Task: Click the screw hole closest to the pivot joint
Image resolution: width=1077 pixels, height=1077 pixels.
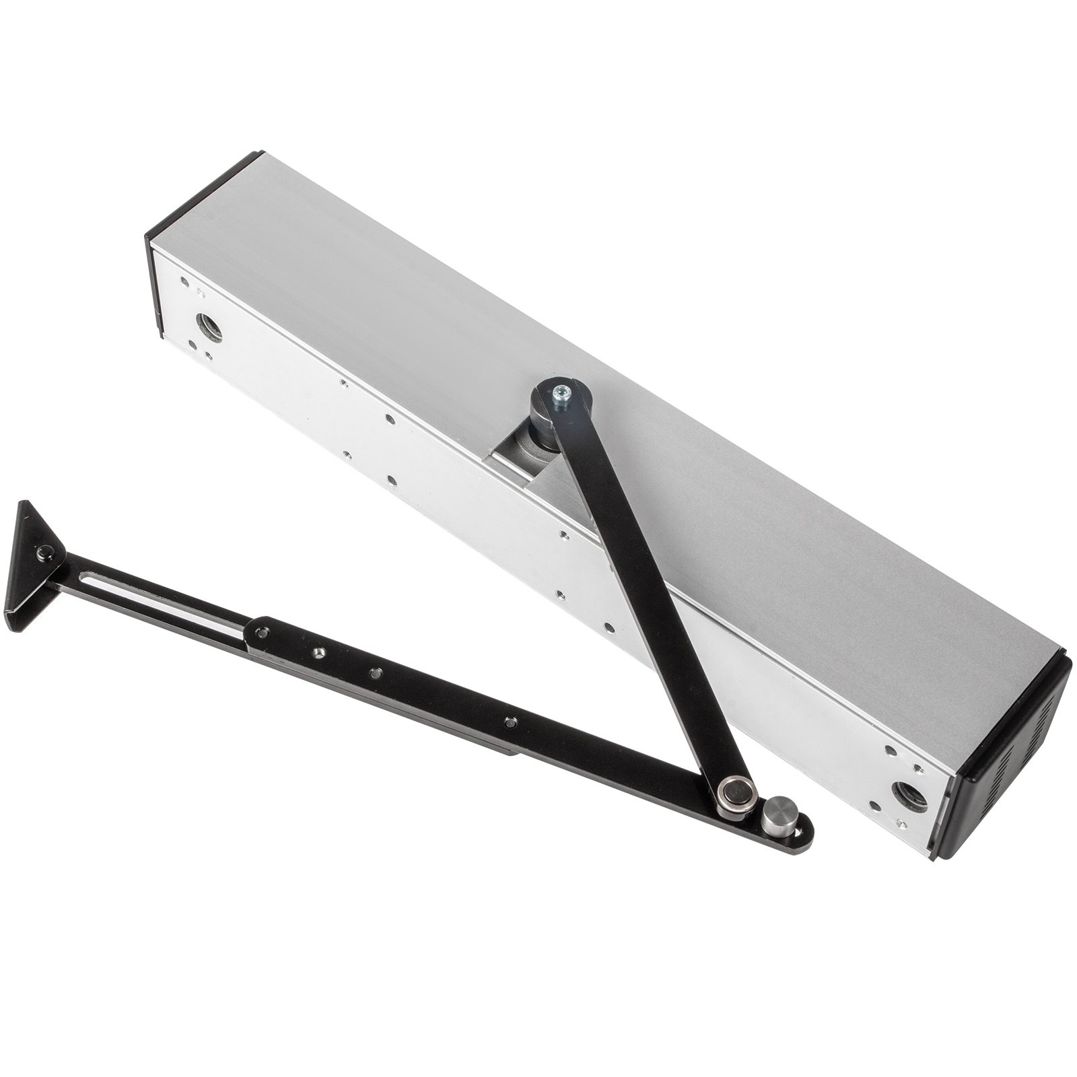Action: click(510, 720)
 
